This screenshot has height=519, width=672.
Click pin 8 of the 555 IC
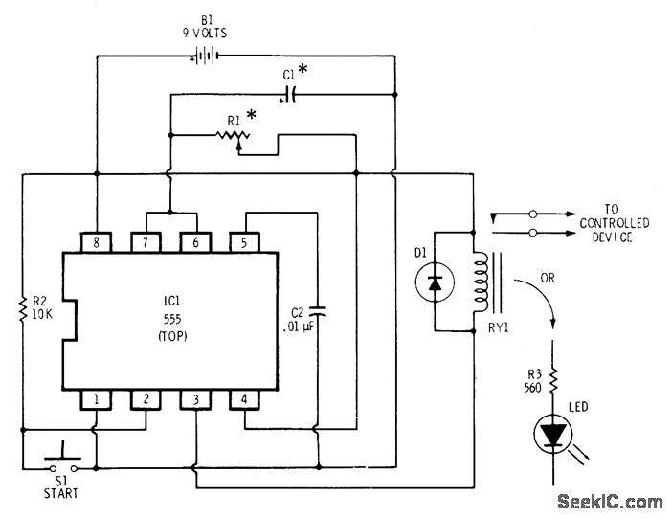pos(96,243)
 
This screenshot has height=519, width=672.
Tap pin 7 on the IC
pos(146,243)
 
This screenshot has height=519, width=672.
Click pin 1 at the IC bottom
pos(96,397)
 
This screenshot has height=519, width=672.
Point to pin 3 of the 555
pos(196,397)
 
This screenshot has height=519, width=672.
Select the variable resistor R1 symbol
pos(231,138)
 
